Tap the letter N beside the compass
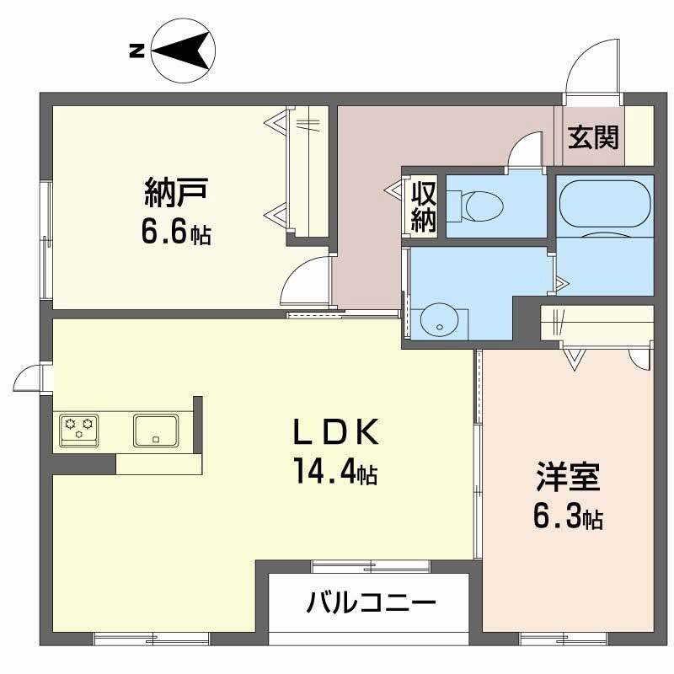[x=135, y=51]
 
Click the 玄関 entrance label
[x=592, y=136]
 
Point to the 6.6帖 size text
[x=175, y=233]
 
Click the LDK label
[x=333, y=432]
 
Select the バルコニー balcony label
[x=371, y=602]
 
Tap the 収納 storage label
[x=423, y=206]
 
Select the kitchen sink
[x=155, y=430]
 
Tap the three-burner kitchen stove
[x=78, y=428]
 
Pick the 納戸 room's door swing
[x=305, y=281]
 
